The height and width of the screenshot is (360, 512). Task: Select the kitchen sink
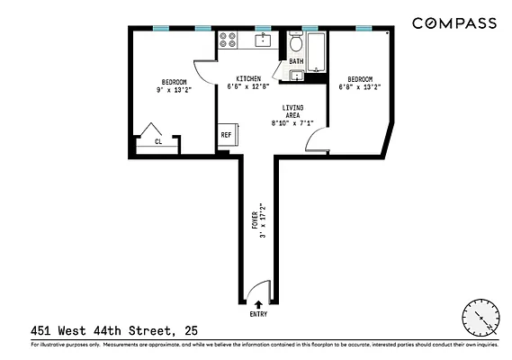coord(263,39)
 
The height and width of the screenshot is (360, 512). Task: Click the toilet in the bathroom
coord(296,45)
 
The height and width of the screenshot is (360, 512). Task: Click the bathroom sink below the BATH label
coord(294,76)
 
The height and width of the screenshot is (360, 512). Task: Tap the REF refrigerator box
coord(226,137)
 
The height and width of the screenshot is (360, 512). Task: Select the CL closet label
coord(158,141)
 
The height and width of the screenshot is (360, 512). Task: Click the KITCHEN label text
coord(248,78)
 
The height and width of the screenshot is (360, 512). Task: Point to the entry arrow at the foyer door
coord(259,305)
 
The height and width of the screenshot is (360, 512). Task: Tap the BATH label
coord(296,62)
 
